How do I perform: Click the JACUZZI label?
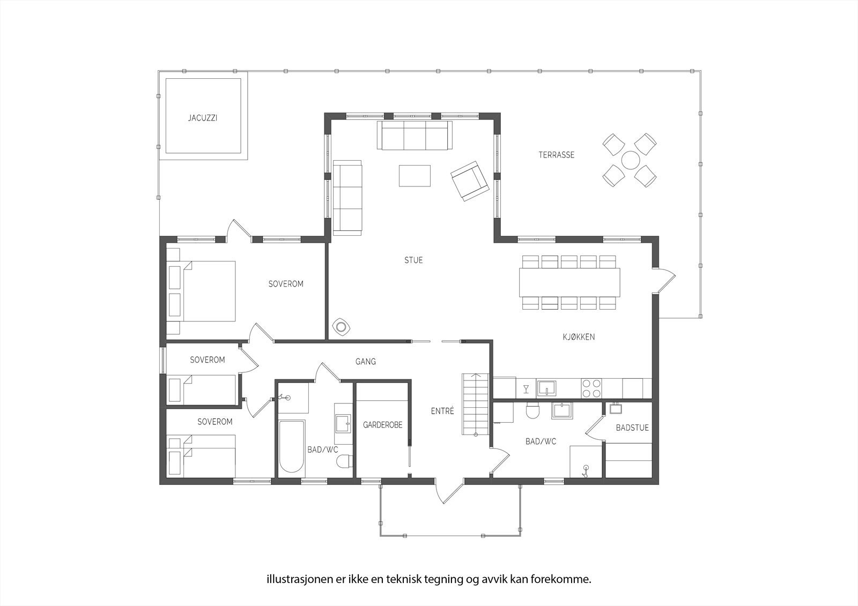coord(202,118)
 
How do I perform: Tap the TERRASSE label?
coord(556,155)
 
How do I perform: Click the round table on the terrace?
coord(630,160)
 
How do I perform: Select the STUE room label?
coord(413,260)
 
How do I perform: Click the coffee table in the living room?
coord(414,176)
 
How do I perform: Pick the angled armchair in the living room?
coord(470,181)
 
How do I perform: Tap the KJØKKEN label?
coord(579,337)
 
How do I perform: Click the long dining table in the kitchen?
coord(569,282)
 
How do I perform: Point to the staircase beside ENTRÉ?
coord(476,405)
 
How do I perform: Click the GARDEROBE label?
coord(382,425)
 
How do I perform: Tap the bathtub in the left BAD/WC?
coord(292,446)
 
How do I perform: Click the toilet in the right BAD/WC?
coord(532,412)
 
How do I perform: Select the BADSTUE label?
coord(632,428)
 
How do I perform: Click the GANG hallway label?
coord(366,362)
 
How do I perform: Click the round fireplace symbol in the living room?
coord(341,326)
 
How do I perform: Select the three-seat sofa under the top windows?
coord(414,136)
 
